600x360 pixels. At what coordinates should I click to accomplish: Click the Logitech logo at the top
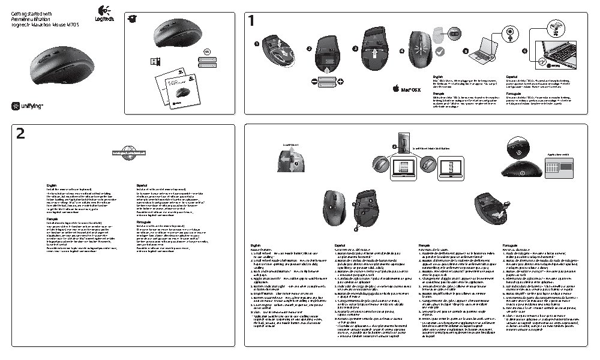(x=103, y=14)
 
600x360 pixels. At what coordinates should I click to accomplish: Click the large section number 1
(x=252, y=21)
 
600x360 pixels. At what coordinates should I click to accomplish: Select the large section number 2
(x=20, y=135)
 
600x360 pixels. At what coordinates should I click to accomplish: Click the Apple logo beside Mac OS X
(x=396, y=89)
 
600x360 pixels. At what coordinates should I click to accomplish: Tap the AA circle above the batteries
(x=208, y=52)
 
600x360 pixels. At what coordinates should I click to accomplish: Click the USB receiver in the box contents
(x=154, y=62)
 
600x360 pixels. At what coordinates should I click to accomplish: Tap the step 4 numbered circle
(x=401, y=50)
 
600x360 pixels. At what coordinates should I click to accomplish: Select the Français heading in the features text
(x=424, y=245)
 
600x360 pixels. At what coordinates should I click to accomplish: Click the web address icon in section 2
(x=128, y=152)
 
